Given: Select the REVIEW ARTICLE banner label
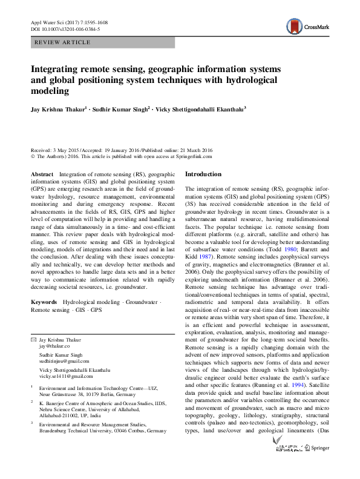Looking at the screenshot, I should click(x=63, y=42).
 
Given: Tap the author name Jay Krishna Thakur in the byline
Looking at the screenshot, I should click(x=57, y=110).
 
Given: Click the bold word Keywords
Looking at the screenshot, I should click(x=44, y=301).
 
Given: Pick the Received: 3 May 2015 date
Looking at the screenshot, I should click(x=56, y=150).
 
